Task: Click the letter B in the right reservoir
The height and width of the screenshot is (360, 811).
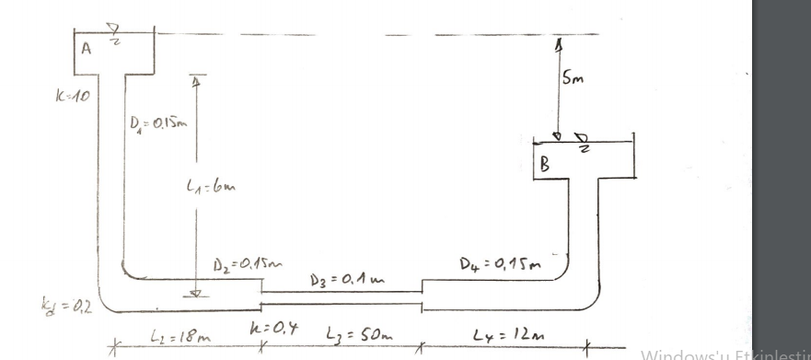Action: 545,167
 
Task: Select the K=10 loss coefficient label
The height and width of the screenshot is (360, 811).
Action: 73,94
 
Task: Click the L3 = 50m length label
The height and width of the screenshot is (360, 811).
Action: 342,340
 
